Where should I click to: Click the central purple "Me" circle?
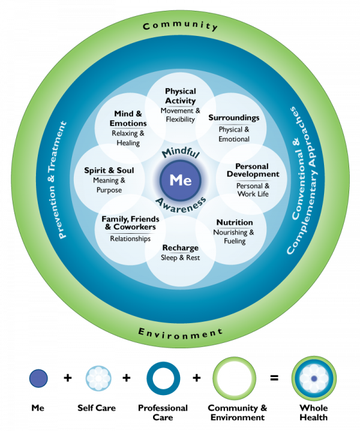pos(180,179)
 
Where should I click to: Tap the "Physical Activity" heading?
pos(180,96)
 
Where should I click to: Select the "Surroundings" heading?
pos(234,117)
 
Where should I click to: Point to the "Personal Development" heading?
pos(253,170)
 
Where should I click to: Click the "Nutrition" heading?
pos(235,222)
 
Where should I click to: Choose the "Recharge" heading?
pos(180,248)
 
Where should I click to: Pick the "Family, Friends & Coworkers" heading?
pos(128,223)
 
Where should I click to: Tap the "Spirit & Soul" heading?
pos(109,170)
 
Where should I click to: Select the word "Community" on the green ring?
pos(180,26)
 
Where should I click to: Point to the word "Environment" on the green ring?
pos(180,332)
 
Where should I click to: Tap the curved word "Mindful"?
pos(180,150)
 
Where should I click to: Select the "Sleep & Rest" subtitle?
pos(180,258)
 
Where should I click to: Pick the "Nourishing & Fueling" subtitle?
pos(235,236)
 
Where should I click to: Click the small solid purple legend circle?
pos(38,378)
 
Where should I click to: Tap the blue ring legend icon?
pos(163,379)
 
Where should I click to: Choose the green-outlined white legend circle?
pos(235,379)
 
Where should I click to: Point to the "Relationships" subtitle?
pos(130,239)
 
